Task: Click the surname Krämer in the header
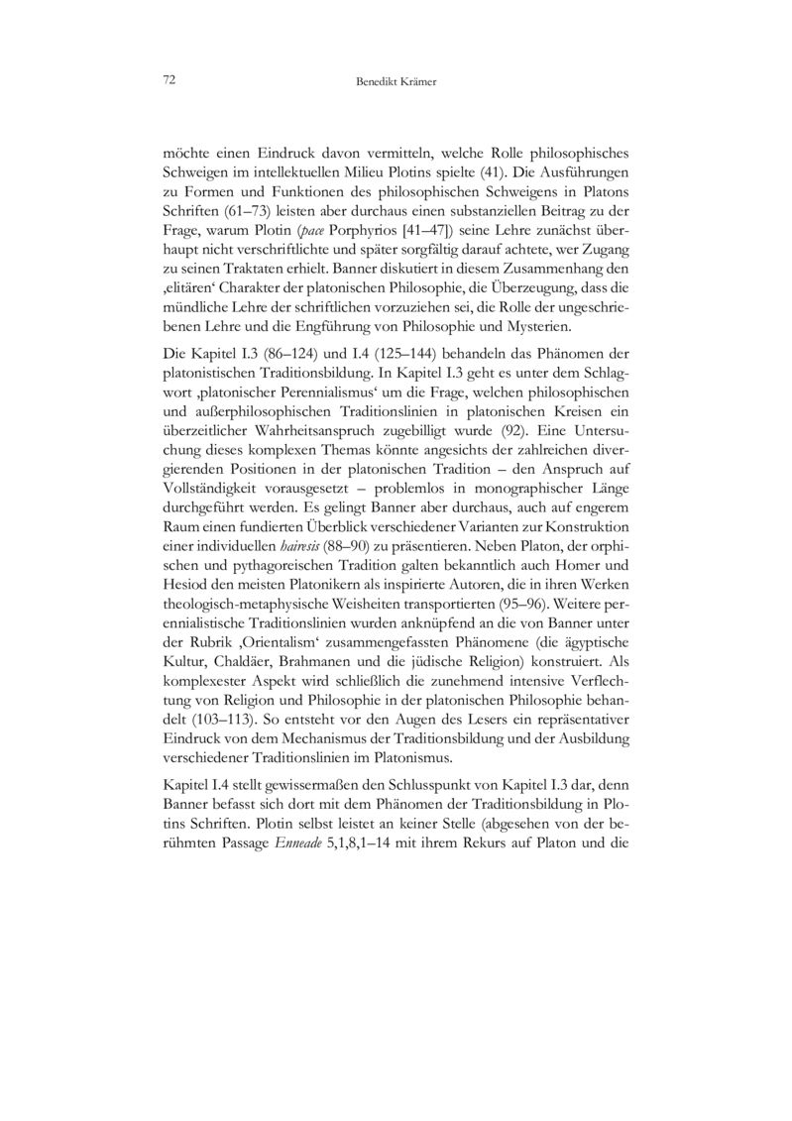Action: point(415,81)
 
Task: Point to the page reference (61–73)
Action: point(224,211)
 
